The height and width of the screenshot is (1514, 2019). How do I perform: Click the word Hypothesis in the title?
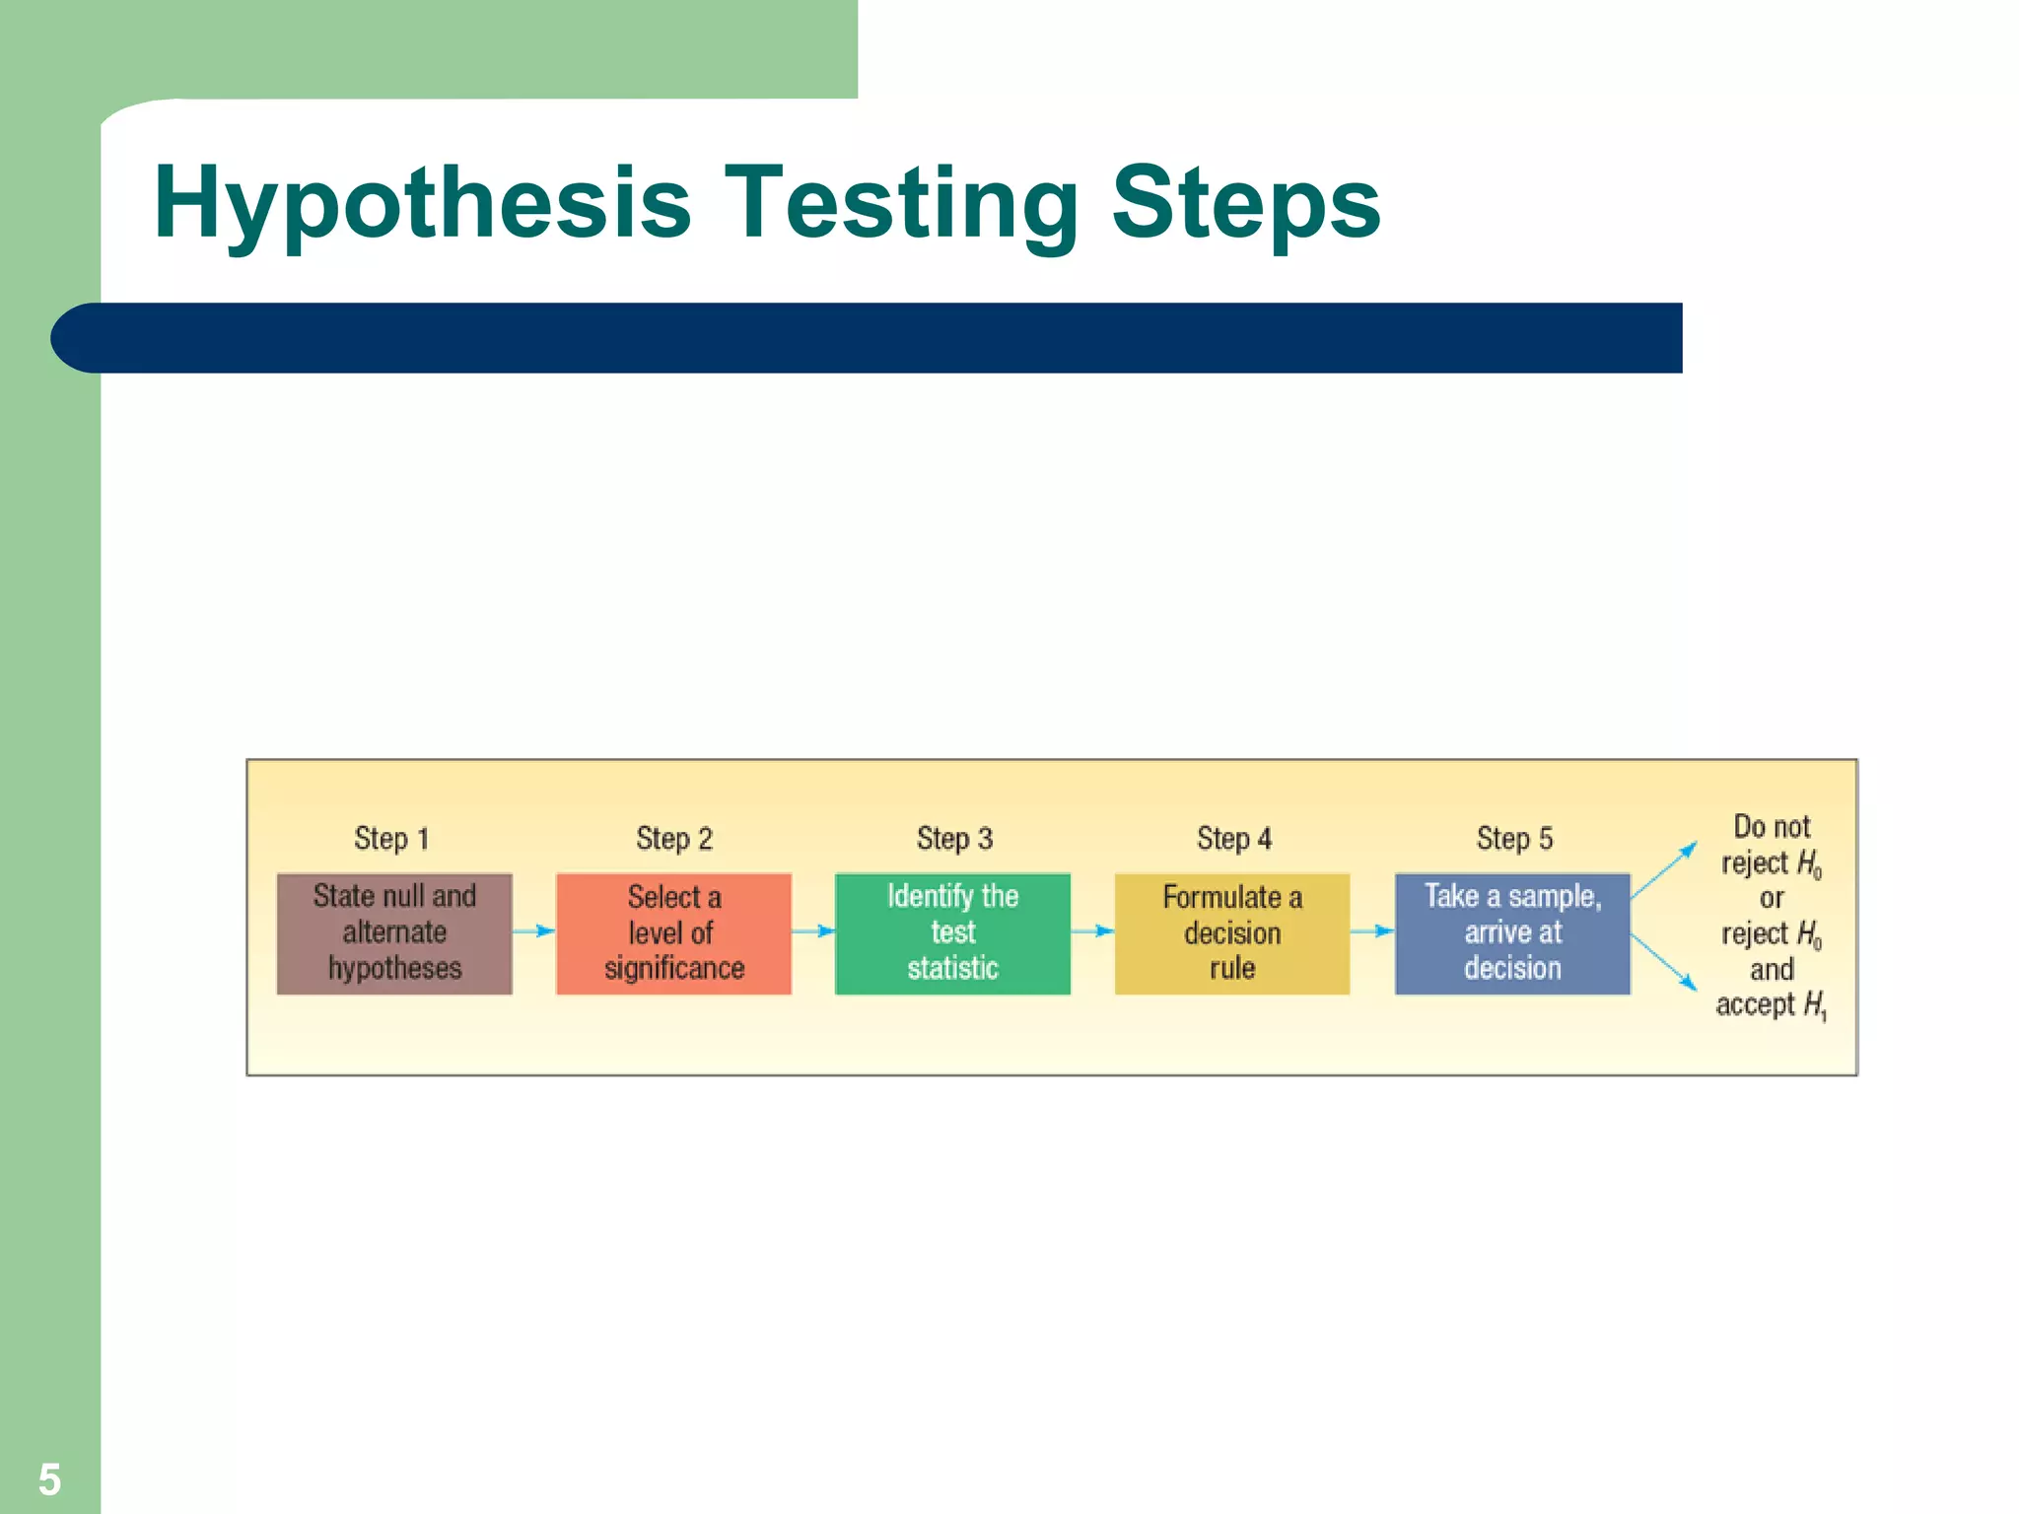[x=422, y=204]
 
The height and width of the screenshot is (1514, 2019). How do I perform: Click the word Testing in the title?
[x=901, y=204]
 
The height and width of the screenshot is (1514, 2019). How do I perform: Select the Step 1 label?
[x=391, y=839]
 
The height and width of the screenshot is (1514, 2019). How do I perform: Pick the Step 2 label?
[x=673, y=839]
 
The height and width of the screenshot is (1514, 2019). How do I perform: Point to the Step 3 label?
[x=953, y=839]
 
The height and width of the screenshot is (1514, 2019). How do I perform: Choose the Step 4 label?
[x=1233, y=839]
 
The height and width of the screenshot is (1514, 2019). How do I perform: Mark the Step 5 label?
[x=1513, y=839]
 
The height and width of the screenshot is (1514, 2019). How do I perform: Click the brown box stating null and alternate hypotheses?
[x=394, y=932]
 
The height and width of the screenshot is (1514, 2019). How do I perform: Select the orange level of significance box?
[x=673, y=932]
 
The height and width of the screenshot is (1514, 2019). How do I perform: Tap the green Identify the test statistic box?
[x=952, y=932]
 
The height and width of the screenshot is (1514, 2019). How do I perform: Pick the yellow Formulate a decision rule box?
[x=1231, y=932]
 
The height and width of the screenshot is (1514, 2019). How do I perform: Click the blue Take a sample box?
[x=1511, y=932]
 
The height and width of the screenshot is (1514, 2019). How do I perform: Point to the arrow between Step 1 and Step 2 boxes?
[x=533, y=930]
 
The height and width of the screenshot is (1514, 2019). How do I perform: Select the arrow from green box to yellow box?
[x=1092, y=930]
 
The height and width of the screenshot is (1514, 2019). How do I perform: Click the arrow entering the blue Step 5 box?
[x=1371, y=930]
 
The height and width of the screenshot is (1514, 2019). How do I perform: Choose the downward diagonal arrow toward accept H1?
[x=1664, y=962]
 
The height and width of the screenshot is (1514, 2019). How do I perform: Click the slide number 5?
[x=49, y=1480]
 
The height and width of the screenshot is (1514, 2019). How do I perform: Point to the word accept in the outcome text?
[x=1755, y=1004]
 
